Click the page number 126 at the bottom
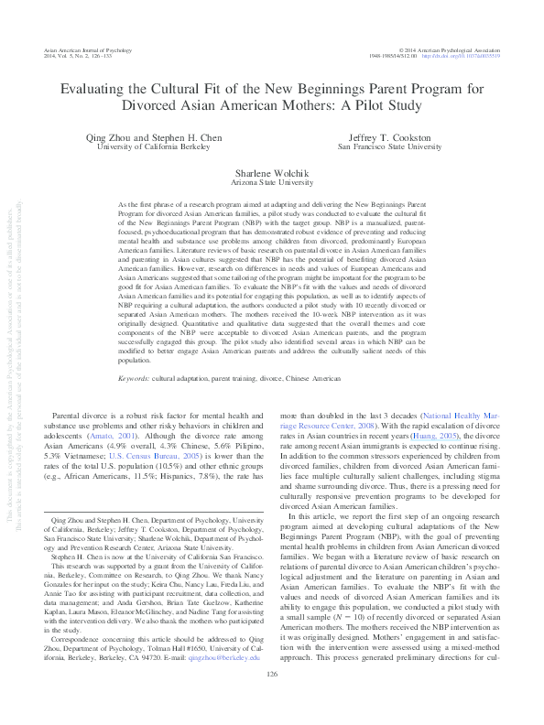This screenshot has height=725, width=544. (272, 699)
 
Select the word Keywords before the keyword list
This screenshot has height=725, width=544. (136, 402)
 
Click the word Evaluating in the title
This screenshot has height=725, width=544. (94, 89)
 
